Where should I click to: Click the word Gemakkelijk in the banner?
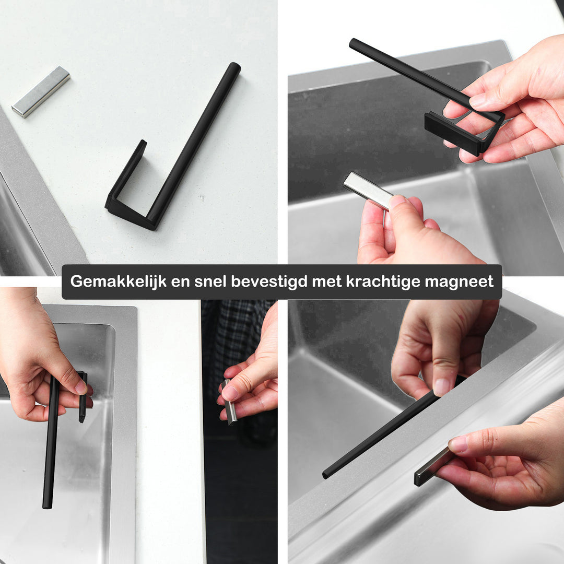coord(119,281)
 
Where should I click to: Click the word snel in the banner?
coord(210,281)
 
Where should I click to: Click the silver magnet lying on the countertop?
coord(41,92)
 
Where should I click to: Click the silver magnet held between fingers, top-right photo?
coord(367,190)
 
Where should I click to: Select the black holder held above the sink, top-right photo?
coord(428,97)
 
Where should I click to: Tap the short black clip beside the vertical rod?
coord(83,397)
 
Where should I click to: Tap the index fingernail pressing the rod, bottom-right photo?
coord(442,386)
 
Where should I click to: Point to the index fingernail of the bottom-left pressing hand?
coord(81,387)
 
